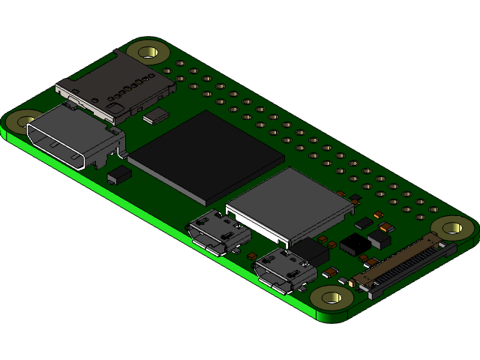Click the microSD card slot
(115, 86)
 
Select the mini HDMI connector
(75, 139)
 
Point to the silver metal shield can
(289, 202)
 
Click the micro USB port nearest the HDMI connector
(218, 232)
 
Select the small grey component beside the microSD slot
(158, 115)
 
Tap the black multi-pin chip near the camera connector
(354, 243)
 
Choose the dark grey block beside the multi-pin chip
(379, 238)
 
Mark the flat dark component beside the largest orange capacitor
(364, 223)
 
